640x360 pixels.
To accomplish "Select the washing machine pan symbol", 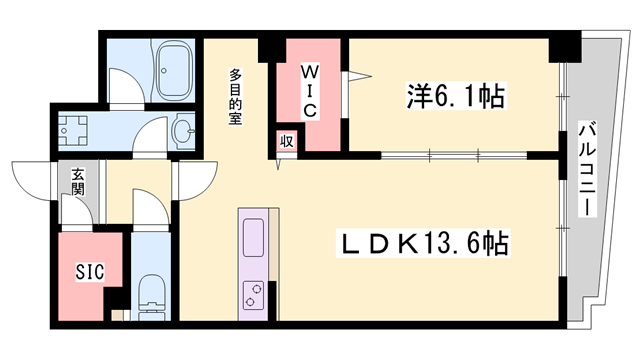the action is point(73,131).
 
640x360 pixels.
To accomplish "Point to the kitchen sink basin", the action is point(253,238).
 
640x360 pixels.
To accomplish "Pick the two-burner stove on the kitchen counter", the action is point(253,296).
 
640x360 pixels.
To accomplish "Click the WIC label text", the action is point(309,91).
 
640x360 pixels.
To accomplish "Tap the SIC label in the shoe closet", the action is point(90,271).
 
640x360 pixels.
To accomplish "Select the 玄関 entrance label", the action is point(78,182).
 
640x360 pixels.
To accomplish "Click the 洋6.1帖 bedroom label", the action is point(456,96).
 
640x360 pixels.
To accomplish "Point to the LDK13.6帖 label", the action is point(423,244).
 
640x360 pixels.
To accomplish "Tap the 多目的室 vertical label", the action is point(235,97).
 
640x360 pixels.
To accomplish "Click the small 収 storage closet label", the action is point(287,141).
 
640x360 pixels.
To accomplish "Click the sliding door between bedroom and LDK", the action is point(454,155).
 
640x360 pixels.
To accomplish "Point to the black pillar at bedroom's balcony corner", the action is point(564,47).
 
